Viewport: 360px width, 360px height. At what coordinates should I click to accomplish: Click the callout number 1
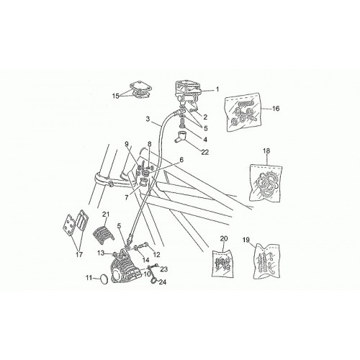[217, 89]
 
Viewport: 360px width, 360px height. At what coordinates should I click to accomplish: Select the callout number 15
[116, 96]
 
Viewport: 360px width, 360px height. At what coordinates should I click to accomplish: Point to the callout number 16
[276, 109]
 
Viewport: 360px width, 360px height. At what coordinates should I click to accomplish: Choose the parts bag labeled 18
[266, 183]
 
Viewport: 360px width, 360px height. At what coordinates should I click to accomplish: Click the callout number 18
[266, 150]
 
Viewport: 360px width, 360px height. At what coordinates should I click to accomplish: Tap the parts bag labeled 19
[266, 261]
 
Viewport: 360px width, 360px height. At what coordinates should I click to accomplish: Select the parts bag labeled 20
[222, 264]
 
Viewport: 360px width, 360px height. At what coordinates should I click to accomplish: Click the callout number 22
[205, 152]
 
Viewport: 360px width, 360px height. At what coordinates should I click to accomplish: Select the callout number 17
[79, 255]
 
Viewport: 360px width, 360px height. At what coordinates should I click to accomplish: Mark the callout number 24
[163, 282]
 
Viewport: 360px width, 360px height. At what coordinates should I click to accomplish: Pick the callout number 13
[101, 252]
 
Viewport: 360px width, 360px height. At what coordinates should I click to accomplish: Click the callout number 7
[127, 197]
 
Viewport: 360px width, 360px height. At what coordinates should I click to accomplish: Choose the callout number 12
[156, 254]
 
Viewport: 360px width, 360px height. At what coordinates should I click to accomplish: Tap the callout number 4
[205, 139]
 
